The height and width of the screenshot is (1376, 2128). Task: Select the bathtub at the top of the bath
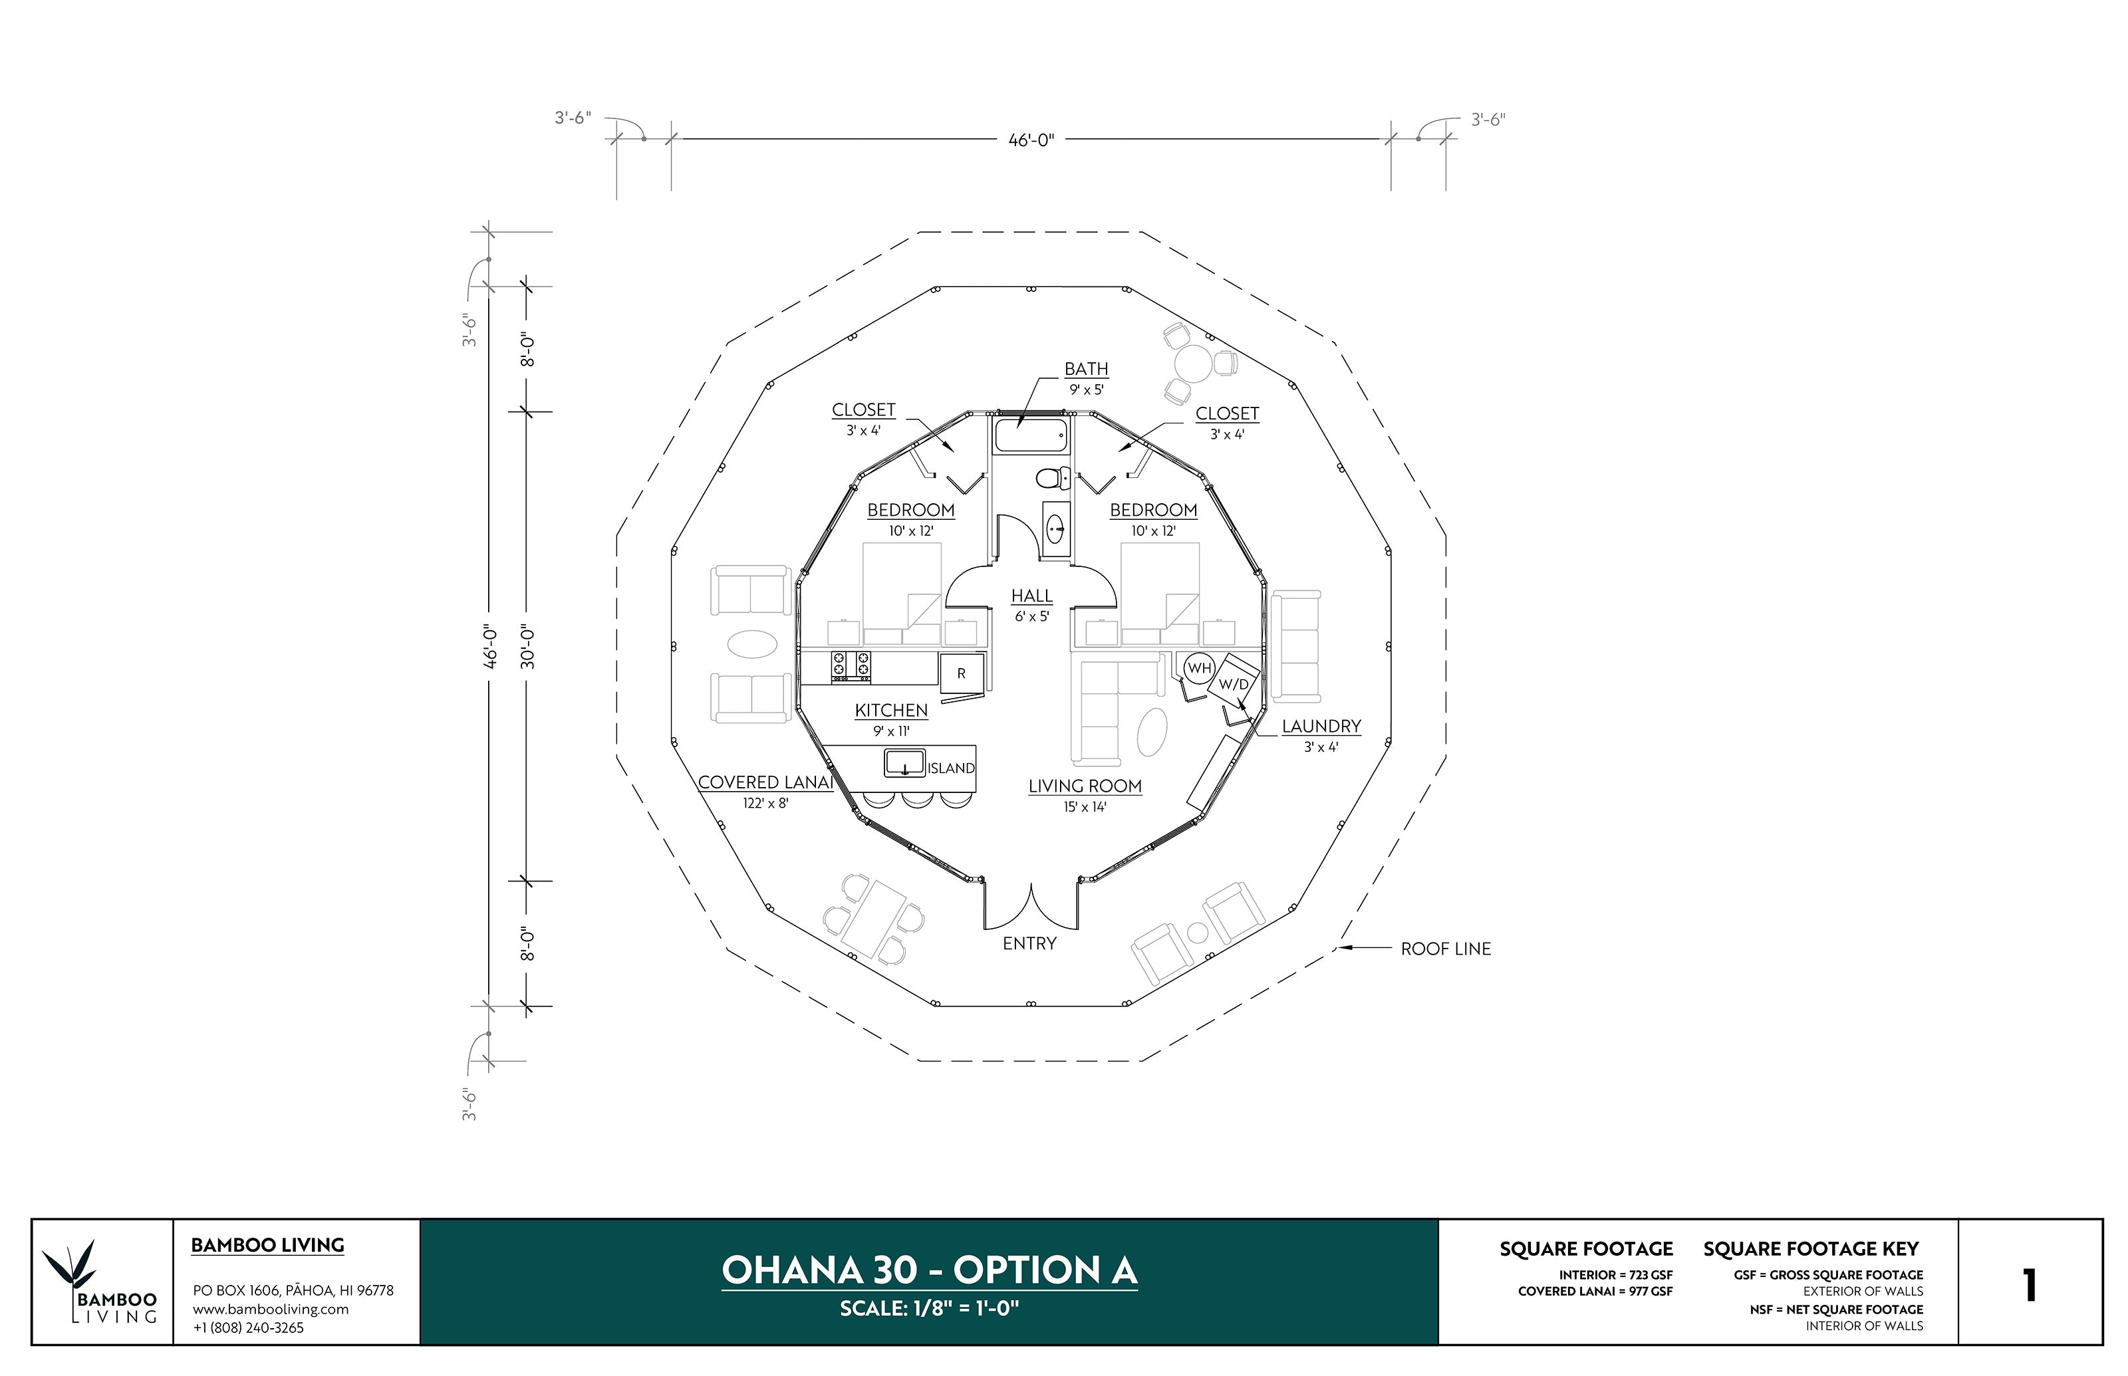coord(1031,437)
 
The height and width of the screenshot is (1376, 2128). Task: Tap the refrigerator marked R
coord(962,673)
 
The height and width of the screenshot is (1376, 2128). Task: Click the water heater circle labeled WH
coord(1198,668)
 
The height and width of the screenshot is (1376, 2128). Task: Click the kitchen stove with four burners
coord(851,667)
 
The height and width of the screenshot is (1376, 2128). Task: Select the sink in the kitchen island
coord(904,763)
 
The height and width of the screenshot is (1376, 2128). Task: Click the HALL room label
coord(1031,596)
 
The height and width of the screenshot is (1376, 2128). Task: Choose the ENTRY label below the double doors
coord(1029,943)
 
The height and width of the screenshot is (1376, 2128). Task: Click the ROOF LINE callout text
coord(1445,949)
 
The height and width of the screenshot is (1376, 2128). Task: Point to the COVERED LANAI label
coord(765,782)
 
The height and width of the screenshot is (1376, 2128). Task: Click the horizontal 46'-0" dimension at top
coord(1031,140)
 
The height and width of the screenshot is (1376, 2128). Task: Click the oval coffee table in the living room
coord(1152,732)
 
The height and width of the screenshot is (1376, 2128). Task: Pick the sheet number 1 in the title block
coord(2030,1286)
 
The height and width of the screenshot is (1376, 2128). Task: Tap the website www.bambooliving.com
coord(271,1309)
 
